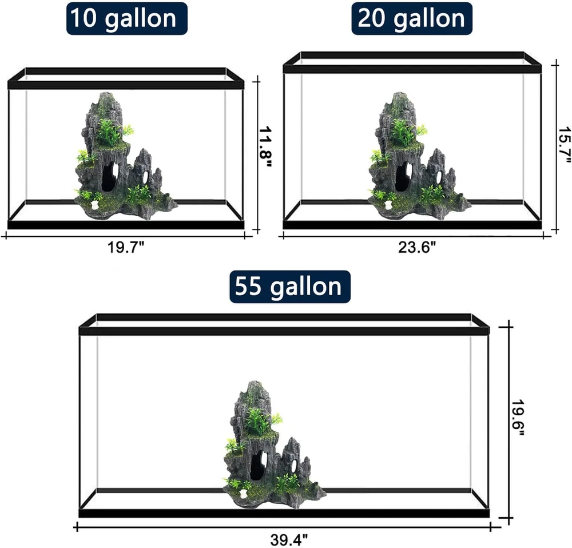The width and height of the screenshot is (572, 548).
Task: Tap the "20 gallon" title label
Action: (x=412, y=19)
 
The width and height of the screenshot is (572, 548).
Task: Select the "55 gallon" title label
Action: (x=290, y=287)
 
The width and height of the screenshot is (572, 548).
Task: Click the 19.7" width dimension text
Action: (x=126, y=248)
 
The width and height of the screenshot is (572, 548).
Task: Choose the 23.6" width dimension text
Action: (x=417, y=248)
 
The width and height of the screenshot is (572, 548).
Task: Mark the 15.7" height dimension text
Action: (x=565, y=148)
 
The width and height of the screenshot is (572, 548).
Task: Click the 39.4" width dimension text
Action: (x=289, y=539)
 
